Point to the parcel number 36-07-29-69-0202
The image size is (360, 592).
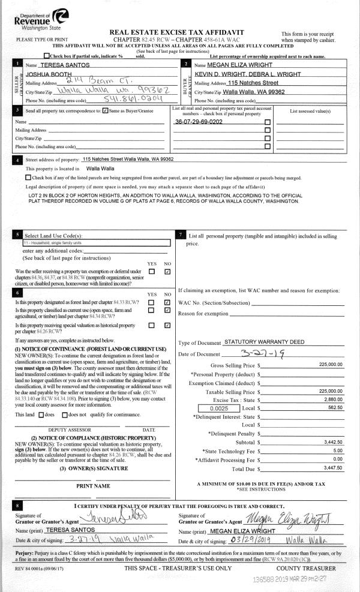[199, 121]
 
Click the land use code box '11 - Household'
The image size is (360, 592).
[93, 243]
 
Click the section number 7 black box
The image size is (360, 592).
[181, 235]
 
